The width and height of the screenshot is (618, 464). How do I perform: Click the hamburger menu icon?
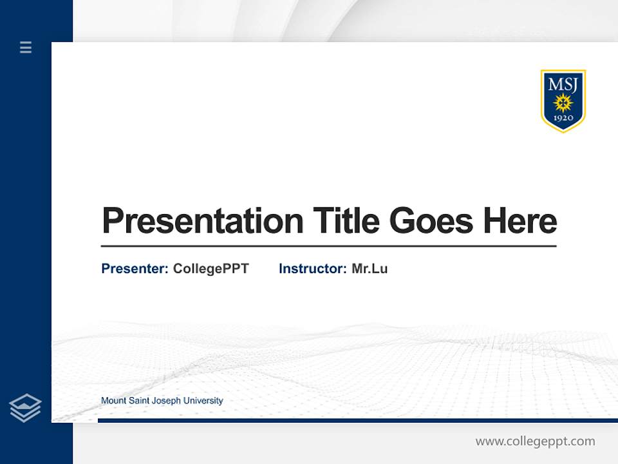pyautogui.click(x=26, y=47)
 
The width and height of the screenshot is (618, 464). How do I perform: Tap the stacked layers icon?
pyautogui.click(x=25, y=408)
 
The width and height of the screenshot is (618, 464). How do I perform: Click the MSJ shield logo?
pyautogui.click(x=563, y=101)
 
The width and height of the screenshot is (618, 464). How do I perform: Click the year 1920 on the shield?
pyautogui.click(x=563, y=118)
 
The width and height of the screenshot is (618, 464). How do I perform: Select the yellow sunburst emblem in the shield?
pyautogui.click(x=563, y=102)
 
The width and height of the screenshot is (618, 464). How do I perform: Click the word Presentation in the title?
pyautogui.click(x=202, y=221)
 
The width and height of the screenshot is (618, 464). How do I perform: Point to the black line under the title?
pyautogui.click(x=328, y=246)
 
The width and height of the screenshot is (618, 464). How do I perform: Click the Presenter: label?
pyautogui.click(x=135, y=269)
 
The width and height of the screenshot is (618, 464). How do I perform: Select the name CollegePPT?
pyautogui.click(x=211, y=269)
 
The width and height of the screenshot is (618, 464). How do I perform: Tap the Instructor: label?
pyautogui.click(x=312, y=269)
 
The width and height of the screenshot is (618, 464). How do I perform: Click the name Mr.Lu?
pyautogui.click(x=370, y=269)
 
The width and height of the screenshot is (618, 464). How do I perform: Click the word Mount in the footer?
pyautogui.click(x=113, y=401)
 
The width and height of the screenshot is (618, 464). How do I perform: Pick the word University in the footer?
pyautogui.click(x=203, y=401)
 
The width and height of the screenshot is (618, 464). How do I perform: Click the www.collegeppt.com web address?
pyautogui.click(x=535, y=441)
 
